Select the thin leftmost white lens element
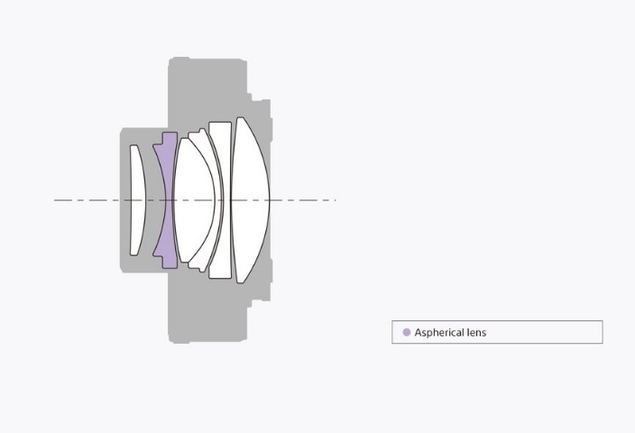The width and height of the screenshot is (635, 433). coord(137,200)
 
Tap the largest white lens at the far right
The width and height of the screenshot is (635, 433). coord(250,200)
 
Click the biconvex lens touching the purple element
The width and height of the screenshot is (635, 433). coord(194,200)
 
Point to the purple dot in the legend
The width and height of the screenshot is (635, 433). coord(407,332)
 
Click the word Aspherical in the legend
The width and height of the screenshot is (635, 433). coord(439,333)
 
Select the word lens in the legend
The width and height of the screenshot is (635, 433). coord(476,332)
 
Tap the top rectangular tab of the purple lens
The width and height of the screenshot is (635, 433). coord(170,138)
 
